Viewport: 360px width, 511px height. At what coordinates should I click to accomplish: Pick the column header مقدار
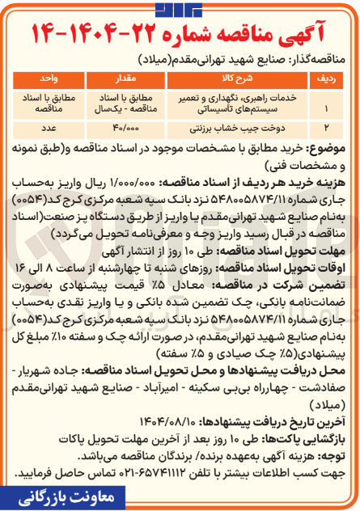[131, 78]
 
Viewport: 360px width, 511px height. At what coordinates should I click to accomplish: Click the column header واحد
[50, 78]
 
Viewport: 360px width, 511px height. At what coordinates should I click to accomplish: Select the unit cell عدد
[50, 128]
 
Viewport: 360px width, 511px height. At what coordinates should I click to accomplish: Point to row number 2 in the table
[325, 128]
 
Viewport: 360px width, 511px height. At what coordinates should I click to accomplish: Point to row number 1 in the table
[325, 106]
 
